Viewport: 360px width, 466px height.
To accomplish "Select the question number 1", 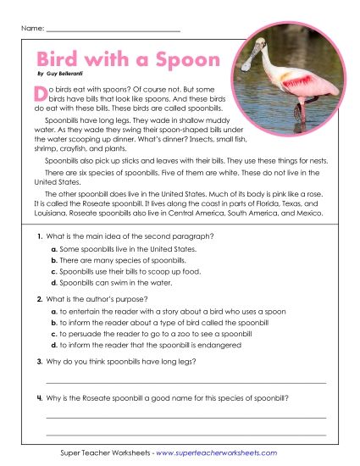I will point(39,235).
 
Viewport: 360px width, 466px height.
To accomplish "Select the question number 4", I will point(39,398).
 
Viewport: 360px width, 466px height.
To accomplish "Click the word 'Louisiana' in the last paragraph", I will point(51,214).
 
